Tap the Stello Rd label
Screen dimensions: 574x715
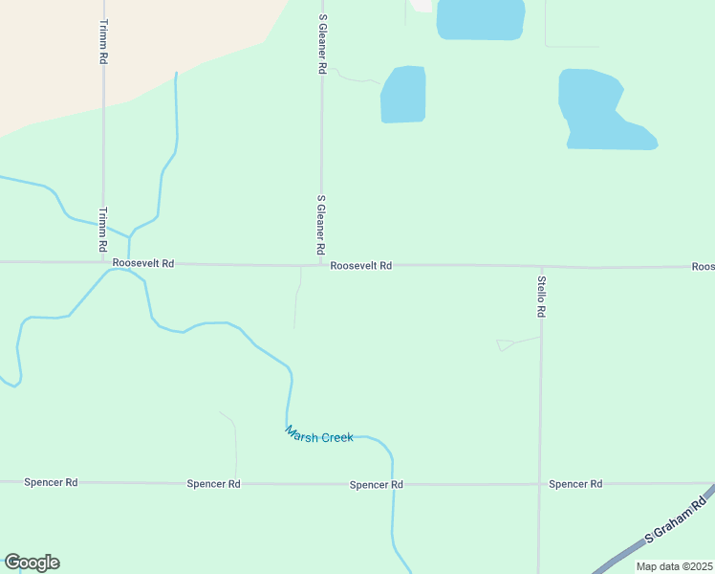tap(541, 297)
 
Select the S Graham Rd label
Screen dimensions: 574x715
tap(678, 519)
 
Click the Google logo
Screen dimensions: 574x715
tap(32, 562)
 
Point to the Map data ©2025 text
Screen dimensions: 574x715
tap(673, 566)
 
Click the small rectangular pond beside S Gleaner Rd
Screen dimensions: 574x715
tap(402, 95)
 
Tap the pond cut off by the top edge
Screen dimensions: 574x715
tap(480, 18)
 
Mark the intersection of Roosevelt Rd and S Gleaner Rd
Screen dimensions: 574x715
tap(321, 265)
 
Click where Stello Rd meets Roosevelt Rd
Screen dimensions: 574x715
tap(541, 267)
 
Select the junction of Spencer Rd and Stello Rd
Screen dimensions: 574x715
tap(540, 484)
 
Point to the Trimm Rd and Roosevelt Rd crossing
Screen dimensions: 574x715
tap(103, 262)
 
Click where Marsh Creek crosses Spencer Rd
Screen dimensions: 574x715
tap(392, 484)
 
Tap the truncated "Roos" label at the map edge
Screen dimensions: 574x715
tap(703, 267)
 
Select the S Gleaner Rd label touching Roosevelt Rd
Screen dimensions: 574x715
tap(321, 225)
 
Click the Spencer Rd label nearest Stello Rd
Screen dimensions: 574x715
tap(575, 484)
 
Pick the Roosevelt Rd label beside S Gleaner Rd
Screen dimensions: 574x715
tap(361, 266)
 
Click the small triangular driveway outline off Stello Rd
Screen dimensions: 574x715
tap(506, 344)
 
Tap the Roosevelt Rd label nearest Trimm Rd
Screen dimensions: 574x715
tap(143, 263)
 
